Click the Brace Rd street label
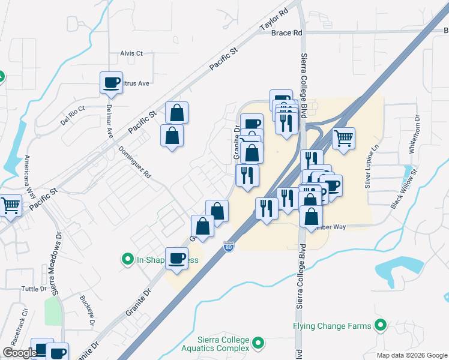(286, 33)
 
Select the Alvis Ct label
(131, 53)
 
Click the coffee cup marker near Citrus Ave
(111, 83)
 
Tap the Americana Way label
(28, 175)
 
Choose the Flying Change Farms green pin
(380, 326)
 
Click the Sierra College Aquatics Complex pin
(258, 343)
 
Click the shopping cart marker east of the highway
(343, 138)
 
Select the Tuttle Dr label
(34, 289)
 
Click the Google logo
(19, 353)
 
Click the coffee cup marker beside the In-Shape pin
(176, 259)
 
